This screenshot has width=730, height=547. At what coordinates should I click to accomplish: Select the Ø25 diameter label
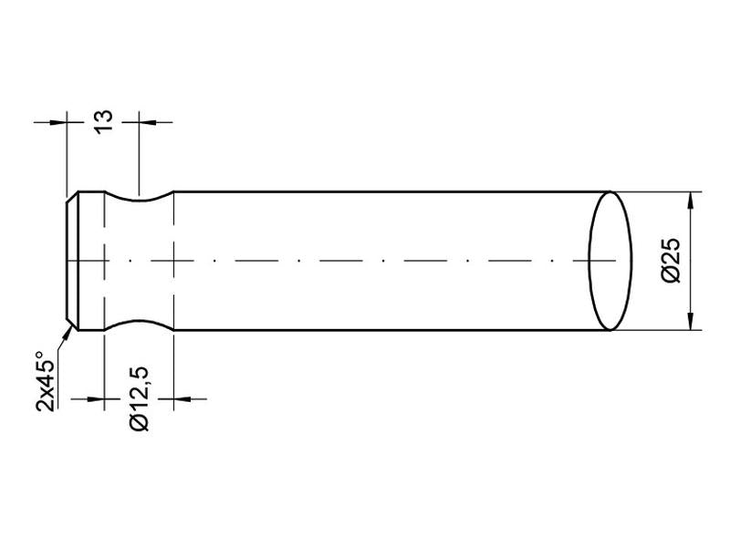pyautogui.click(x=671, y=261)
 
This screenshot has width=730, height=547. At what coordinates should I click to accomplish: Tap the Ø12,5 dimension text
pyautogui.click(x=139, y=398)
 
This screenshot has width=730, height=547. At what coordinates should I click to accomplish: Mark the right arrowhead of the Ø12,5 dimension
pyautogui.click(x=182, y=398)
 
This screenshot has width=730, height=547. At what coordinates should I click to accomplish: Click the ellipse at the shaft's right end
pyautogui.click(x=610, y=261)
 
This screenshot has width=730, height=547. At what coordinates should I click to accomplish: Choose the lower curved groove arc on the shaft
pyautogui.click(x=139, y=323)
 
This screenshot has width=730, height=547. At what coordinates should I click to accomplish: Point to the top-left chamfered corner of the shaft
pyautogui.click(x=72, y=196)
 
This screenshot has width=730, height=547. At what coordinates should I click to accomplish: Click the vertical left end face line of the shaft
pyautogui.click(x=68, y=261)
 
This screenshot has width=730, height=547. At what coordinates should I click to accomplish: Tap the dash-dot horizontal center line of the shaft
pyautogui.click(x=365, y=261)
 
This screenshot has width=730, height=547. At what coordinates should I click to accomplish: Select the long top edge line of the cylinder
pyautogui.click(x=383, y=191)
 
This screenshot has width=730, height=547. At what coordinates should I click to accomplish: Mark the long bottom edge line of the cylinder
pyautogui.click(x=383, y=330)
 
